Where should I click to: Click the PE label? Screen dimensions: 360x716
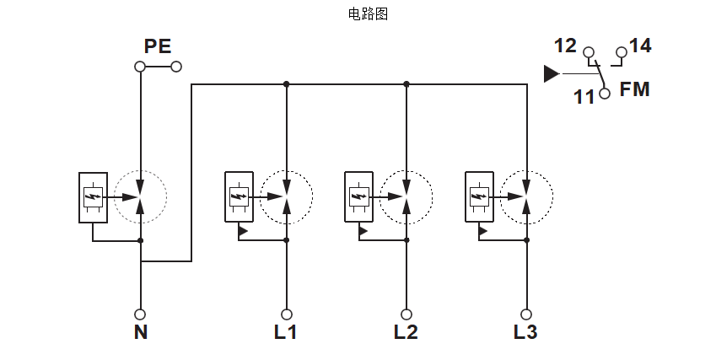pyautogui.click(x=157, y=46)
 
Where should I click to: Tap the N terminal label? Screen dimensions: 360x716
pyautogui.click(x=140, y=332)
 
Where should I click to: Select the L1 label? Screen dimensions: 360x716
pyautogui.click(x=285, y=332)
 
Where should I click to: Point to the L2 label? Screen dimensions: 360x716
pyautogui.click(x=406, y=332)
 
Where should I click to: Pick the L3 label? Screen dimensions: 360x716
pyautogui.click(x=525, y=332)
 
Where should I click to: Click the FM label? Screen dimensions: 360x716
pyautogui.click(x=635, y=89)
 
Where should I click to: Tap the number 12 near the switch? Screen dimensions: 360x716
pyautogui.click(x=565, y=46)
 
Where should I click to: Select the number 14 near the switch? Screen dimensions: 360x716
pyautogui.click(x=640, y=46)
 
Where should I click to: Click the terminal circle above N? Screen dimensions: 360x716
pyautogui.click(x=140, y=314)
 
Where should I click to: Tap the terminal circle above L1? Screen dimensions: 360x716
pyautogui.click(x=286, y=314)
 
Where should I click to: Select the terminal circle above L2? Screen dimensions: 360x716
pyautogui.click(x=406, y=314)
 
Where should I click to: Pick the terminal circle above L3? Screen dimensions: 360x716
pyautogui.click(x=526, y=314)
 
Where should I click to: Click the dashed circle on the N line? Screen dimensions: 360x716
pyautogui.click(x=140, y=197)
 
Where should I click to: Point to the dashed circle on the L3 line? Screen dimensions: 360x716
pyautogui.click(x=526, y=197)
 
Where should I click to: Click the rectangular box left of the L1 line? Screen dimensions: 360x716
pyautogui.click(x=239, y=196)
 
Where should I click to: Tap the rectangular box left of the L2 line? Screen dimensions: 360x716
pyautogui.click(x=359, y=196)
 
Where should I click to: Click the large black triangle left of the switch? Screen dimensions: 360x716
pyautogui.click(x=552, y=74)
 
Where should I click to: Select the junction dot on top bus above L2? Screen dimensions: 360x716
pyautogui.click(x=406, y=84)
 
